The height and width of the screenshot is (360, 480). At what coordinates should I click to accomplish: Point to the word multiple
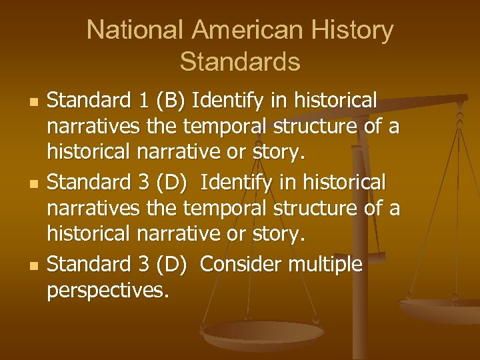tap(325, 266)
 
